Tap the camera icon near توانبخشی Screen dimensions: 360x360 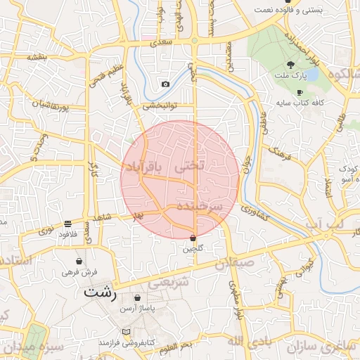(165, 84)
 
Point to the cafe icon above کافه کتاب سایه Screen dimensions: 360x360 (300, 92)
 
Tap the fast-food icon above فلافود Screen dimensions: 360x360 (68, 223)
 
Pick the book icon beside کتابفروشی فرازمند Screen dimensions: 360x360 (126, 331)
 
